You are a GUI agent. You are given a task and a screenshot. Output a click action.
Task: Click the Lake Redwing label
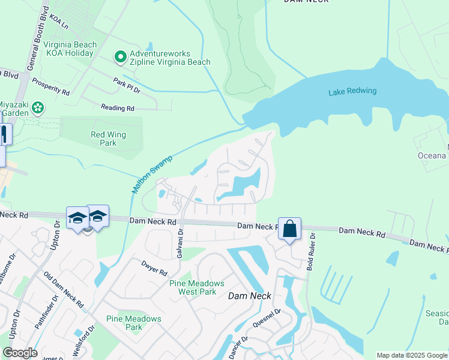coord(352,91)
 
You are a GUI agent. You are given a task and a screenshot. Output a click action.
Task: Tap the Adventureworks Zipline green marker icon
coord(120,57)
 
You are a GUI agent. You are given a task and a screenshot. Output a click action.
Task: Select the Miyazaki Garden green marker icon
coord(38,108)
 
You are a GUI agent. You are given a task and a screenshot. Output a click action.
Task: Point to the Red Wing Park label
coord(107,139)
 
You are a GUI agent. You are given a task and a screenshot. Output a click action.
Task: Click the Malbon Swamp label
coord(152,174)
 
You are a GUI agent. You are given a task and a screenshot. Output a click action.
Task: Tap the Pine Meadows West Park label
coord(197,287)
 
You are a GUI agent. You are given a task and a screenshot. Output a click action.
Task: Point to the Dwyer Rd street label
coord(154,267)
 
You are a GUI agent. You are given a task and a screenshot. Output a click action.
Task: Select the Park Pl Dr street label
coord(126,85)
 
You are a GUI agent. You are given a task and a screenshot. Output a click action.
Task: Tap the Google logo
coord(20,353)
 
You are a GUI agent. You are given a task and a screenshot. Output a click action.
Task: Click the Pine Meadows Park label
coord(134,323)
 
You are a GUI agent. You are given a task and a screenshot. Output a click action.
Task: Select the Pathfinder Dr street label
coord(44,314)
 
